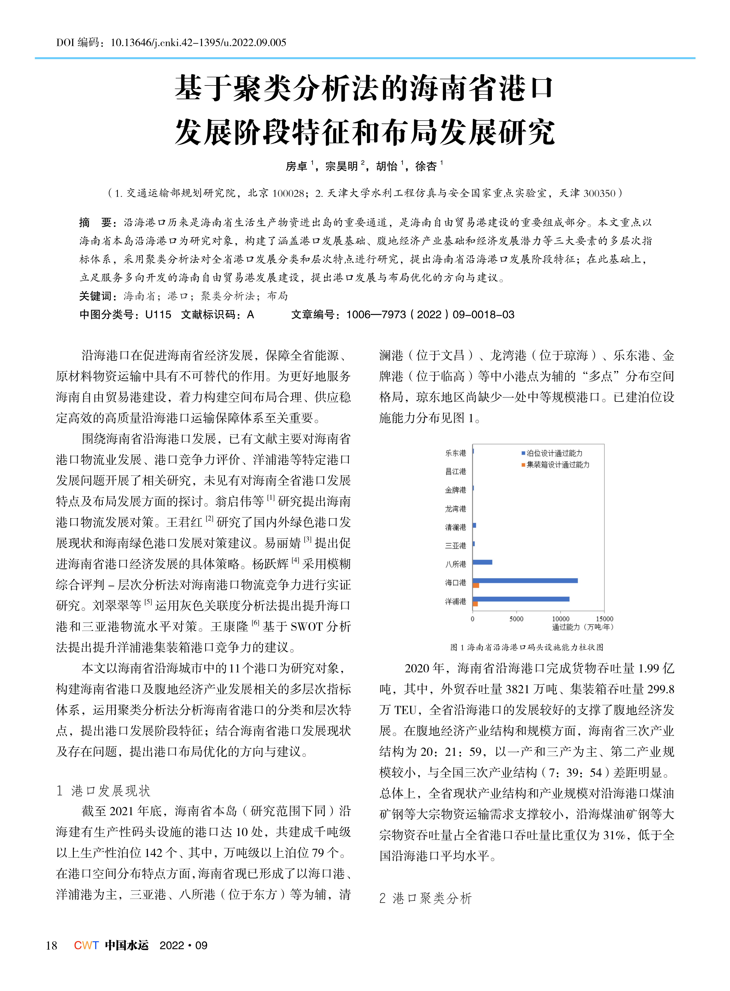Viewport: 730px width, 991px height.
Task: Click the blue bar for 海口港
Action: (525, 580)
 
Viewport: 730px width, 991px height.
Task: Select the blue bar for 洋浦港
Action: (521, 599)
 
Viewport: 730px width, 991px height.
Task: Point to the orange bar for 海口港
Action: (476, 585)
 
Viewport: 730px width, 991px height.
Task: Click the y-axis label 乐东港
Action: (456, 453)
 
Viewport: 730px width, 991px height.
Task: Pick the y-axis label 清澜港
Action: (456, 527)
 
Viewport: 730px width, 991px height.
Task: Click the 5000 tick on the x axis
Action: (516, 619)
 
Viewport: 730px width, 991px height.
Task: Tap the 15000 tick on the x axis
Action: (604, 619)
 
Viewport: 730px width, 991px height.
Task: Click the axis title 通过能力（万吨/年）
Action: (582, 627)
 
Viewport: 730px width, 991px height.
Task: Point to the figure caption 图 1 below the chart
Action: (527, 647)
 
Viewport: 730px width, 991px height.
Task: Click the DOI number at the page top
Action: (198, 42)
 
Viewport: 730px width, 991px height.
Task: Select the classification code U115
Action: (158, 314)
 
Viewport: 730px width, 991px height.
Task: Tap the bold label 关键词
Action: (96, 296)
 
